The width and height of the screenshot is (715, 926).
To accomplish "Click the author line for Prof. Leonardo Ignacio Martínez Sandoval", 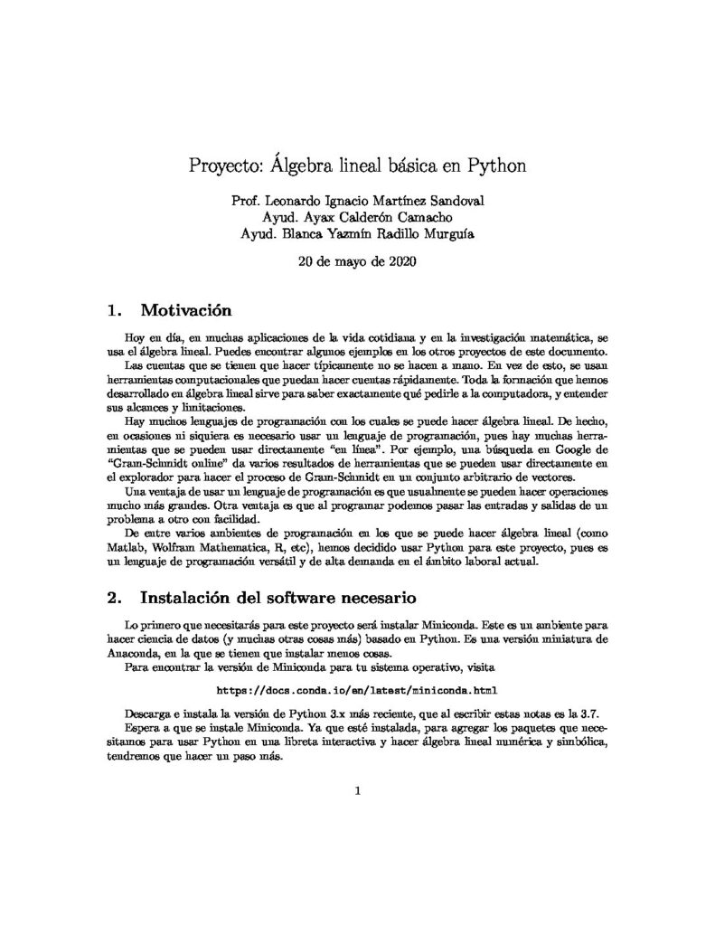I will [358, 202].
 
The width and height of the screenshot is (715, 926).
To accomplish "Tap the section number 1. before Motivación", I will [114, 311].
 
